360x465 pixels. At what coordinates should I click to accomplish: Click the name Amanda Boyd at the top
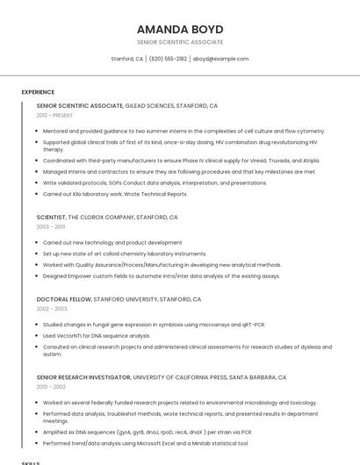(x=180, y=29)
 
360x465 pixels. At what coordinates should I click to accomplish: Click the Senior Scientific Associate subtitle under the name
(x=180, y=42)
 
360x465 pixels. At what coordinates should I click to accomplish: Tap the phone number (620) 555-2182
(x=168, y=59)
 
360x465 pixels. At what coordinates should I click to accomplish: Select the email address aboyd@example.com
(x=220, y=59)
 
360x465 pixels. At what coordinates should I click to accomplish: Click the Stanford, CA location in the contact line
(x=126, y=59)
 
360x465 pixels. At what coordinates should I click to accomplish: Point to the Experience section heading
(x=38, y=92)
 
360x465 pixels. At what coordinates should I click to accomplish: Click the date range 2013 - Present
(x=54, y=115)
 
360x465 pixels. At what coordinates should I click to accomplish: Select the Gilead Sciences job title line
(x=127, y=105)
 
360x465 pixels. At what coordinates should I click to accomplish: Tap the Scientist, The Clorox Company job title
(x=107, y=217)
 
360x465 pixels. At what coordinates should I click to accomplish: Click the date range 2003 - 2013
(x=51, y=226)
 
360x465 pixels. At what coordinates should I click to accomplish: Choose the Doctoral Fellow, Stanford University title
(x=119, y=299)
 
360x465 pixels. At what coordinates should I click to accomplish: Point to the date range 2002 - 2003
(x=52, y=309)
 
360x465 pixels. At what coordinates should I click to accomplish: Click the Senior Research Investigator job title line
(x=162, y=377)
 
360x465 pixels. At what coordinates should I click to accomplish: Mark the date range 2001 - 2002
(x=51, y=387)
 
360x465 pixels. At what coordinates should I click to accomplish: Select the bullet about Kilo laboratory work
(x=115, y=194)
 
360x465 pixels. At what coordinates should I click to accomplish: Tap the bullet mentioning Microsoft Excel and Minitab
(x=146, y=443)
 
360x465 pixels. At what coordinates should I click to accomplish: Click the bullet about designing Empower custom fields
(x=162, y=275)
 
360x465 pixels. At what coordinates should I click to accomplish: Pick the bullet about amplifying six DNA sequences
(x=148, y=432)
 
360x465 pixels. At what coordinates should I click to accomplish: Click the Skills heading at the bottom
(x=31, y=462)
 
